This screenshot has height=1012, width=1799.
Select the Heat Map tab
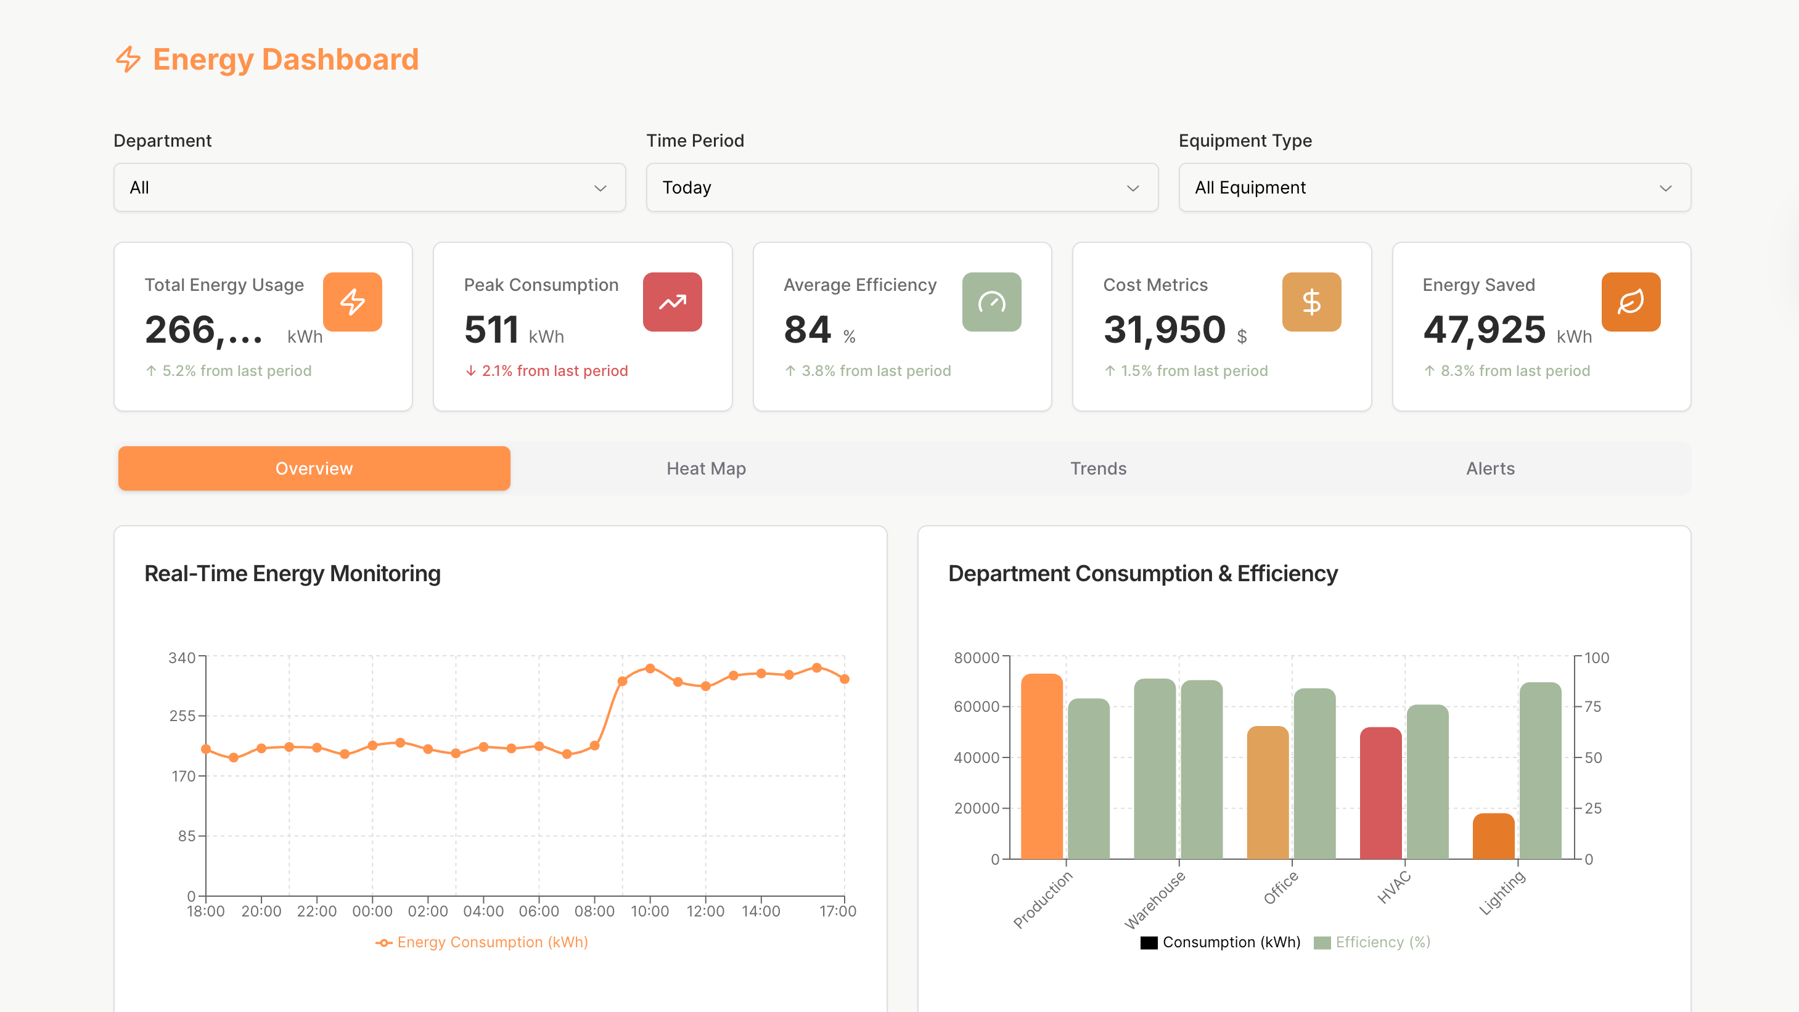pos(706,468)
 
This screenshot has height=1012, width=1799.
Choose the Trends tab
pos(1098,468)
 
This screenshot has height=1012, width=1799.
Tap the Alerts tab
pos(1490,468)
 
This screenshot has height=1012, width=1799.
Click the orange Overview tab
pos(314,468)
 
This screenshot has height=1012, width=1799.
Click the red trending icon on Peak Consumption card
pos(672,301)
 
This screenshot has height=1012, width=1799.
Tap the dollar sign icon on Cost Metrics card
pos(1311,301)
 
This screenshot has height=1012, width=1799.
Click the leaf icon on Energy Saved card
pos(1630,301)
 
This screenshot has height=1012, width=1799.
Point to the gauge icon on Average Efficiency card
pos(991,301)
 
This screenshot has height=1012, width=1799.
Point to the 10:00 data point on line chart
pos(649,669)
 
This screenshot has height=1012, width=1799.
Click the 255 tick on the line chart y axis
pos(182,716)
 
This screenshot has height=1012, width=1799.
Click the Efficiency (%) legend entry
pos(1372,942)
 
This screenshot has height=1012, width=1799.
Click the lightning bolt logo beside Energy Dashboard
pos(128,59)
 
